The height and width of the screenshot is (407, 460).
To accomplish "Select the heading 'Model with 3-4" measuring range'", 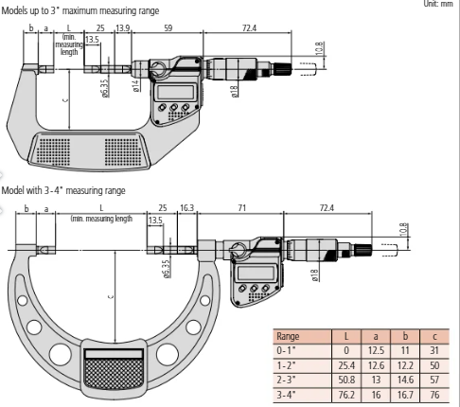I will point(62,189).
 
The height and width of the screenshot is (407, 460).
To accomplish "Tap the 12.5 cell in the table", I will point(380,348).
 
